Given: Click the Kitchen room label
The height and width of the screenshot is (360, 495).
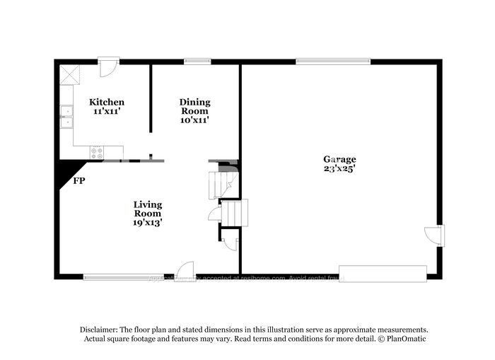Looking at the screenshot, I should pyautogui.click(x=107, y=102).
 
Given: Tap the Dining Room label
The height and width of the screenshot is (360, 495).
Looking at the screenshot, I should pyautogui.click(x=194, y=107).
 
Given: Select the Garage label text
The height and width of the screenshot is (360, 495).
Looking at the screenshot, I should pyautogui.click(x=339, y=159).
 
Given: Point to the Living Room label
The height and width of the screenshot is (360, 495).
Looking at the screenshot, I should pyautogui.click(x=148, y=209).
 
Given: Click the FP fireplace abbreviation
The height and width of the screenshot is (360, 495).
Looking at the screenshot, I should pyautogui.click(x=79, y=181).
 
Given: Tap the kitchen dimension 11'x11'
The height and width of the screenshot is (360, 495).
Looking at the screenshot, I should pyautogui.click(x=107, y=111).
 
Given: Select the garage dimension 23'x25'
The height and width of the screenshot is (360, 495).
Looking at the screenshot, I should pyautogui.click(x=339, y=169).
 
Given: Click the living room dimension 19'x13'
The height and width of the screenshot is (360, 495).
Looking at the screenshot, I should pyautogui.click(x=148, y=223).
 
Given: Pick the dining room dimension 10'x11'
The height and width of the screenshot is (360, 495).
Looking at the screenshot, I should pyautogui.click(x=194, y=120).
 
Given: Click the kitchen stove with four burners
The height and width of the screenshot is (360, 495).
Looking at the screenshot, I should pyautogui.click(x=97, y=151).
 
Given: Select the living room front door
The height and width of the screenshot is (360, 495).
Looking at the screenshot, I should pyautogui.click(x=185, y=269).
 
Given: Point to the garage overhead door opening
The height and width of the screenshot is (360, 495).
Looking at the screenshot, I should pyautogui.click(x=383, y=274).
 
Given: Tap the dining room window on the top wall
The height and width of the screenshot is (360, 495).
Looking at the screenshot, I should pyautogui.click(x=197, y=62).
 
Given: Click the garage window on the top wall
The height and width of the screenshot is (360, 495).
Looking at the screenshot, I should pyautogui.click(x=333, y=62).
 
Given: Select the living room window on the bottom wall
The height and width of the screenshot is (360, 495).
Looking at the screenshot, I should pyautogui.click(x=124, y=276).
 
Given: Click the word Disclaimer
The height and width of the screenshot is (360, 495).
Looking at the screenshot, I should pyautogui.click(x=98, y=330).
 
